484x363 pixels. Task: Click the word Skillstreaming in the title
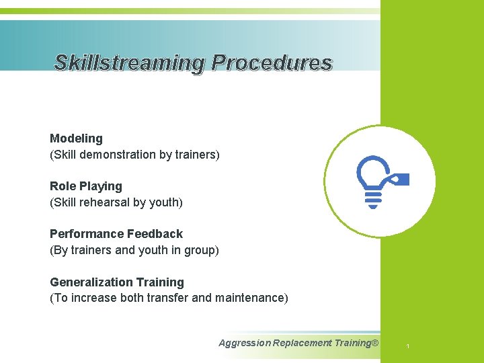(130, 63)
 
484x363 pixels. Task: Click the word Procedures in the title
(272, 63)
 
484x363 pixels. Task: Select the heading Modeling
(76, 138)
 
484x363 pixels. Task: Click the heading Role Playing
(86, 186)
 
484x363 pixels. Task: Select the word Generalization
(89, 282)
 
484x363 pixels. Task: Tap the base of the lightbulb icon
(372, 200)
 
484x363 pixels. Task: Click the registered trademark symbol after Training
(375, 343)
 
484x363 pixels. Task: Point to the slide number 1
(407, 346)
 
